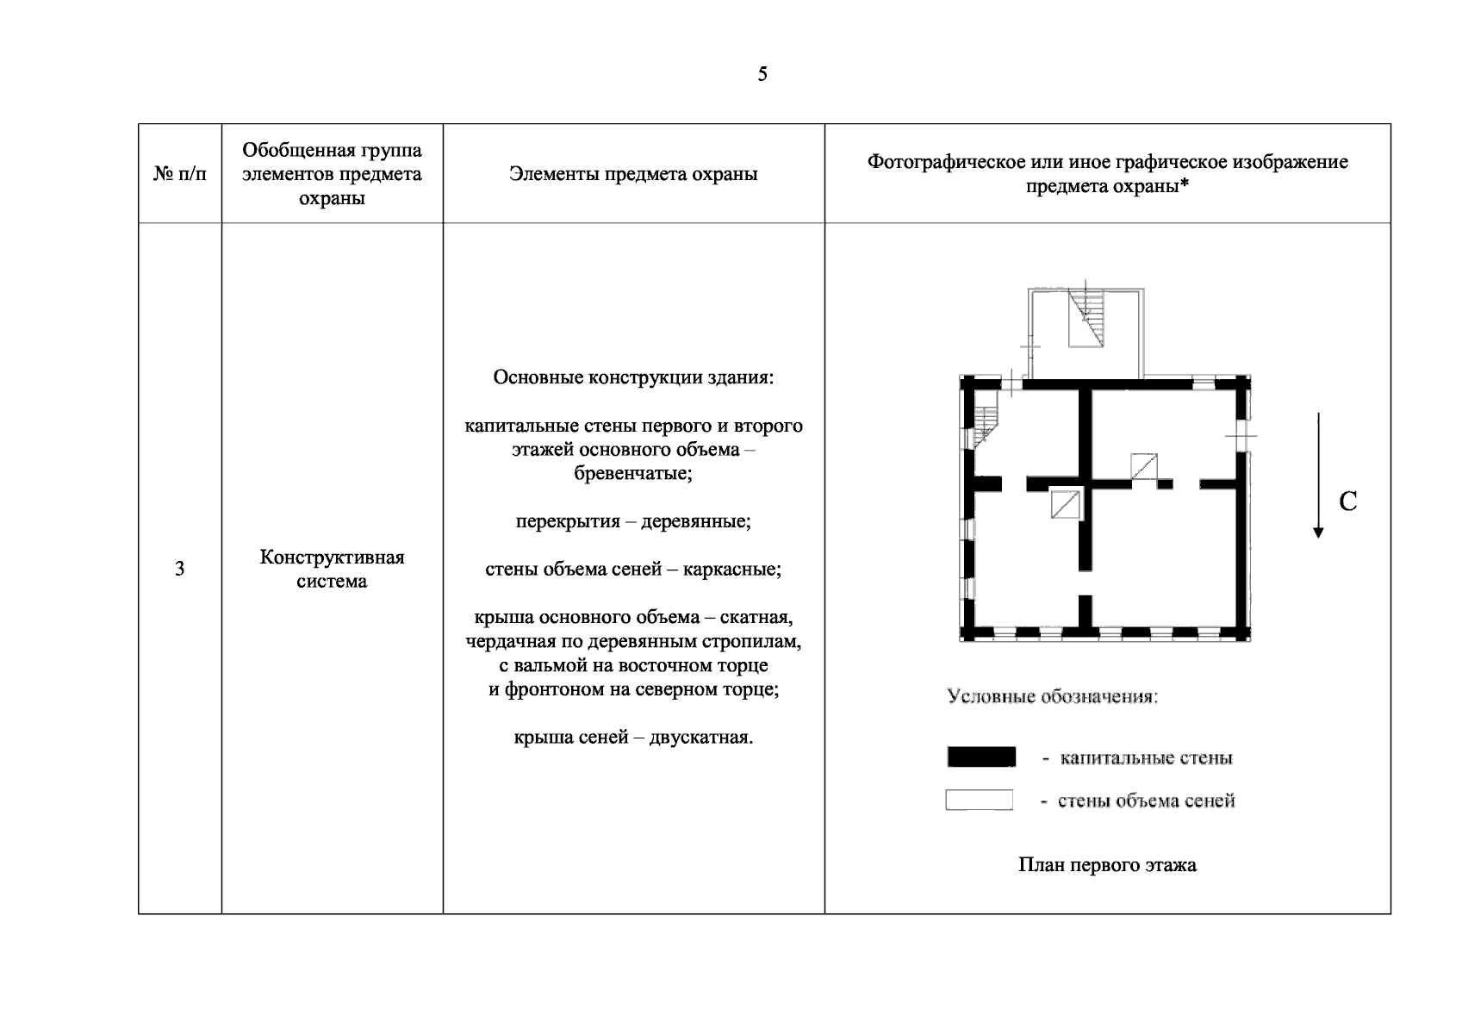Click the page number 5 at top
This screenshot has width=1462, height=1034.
click(762, 74)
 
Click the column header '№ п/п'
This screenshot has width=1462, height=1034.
click(180, 174)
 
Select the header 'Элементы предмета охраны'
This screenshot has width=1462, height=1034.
click(633, 174)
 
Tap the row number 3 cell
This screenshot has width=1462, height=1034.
click(179, 569)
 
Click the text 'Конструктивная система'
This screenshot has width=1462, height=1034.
click(332, 569)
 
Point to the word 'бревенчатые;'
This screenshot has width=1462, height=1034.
click(633, 474)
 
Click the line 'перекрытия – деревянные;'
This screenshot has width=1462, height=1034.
click(633, 522)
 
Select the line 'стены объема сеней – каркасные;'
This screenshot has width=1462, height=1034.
click(633, 570)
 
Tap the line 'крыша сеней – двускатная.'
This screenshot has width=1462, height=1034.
click(633, 738)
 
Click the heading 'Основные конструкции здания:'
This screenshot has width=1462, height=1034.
click(633, 378)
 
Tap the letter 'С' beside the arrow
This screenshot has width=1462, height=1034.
click(1348, 501)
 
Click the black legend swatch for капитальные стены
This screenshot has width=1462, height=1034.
click(981, 757)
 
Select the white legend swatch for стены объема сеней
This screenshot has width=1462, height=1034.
click(980, 800)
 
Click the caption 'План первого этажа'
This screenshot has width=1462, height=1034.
click(1107, 865)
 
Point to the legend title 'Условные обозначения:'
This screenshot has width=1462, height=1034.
click(1052, 696)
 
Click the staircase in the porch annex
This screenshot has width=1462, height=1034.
click(1086, 318)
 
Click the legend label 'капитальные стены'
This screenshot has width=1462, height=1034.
click(1146, 758)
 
